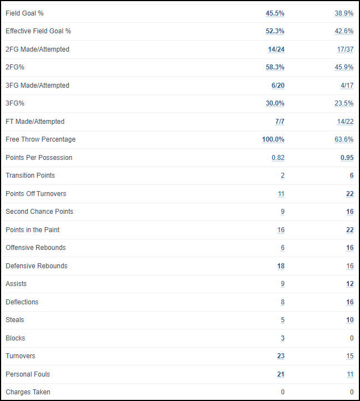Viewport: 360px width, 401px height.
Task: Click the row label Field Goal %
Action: click(x=24, y=13)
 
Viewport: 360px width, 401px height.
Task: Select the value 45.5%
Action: click(x=275, y=13)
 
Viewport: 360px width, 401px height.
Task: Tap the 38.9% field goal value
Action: click(x=344, y=13)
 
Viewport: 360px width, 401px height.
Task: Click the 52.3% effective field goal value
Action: click(x=275, y=31)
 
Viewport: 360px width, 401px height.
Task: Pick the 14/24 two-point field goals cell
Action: click(x=276, y=49)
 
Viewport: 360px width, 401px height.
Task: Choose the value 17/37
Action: click(x=345, y=49)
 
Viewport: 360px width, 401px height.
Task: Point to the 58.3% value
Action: click(x=275, y=67)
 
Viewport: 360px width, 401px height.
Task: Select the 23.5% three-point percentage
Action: click(x=344, y=103)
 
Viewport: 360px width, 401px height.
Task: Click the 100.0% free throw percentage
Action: click(x=273, y=139)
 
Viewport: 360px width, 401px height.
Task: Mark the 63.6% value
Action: click(x=344, y=139)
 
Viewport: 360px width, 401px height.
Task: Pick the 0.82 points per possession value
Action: click(x=278, y=158)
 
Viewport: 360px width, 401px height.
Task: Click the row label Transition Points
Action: click(x=30, y=176)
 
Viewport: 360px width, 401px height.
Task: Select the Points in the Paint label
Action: click(x=32, y=230)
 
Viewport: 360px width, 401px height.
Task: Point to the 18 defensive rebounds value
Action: click(x=281, y=266)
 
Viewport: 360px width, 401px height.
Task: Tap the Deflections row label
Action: click(x=22, y=302)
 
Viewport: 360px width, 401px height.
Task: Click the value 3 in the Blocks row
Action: click(x=282, y=338)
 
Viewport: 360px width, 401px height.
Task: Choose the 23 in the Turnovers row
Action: click(x=281, y=356)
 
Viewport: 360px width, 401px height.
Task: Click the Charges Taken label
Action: click(x=28, y=392)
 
